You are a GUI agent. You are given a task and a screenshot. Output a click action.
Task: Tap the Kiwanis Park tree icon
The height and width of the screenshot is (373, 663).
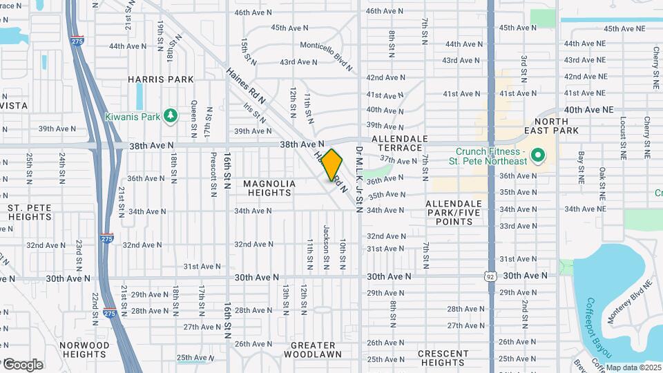(171, 116)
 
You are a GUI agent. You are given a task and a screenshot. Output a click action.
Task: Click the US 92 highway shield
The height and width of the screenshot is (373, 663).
(490, 276)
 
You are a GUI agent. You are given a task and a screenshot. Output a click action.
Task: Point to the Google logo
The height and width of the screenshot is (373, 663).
(23, 364)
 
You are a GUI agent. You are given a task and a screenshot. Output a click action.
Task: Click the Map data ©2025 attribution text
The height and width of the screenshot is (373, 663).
(633, 367)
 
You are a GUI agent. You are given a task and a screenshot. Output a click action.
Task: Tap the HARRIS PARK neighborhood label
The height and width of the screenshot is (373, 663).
(160, 79)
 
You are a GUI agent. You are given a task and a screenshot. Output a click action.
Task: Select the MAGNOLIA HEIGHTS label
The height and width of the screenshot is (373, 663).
(269, 188)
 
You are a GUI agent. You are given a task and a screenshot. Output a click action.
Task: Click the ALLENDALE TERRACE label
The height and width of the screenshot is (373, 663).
(401, 144)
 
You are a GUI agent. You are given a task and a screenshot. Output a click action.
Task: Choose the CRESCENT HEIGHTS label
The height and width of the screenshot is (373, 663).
(443, 358)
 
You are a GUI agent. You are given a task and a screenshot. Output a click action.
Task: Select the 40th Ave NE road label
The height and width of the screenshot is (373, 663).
(588, 110)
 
